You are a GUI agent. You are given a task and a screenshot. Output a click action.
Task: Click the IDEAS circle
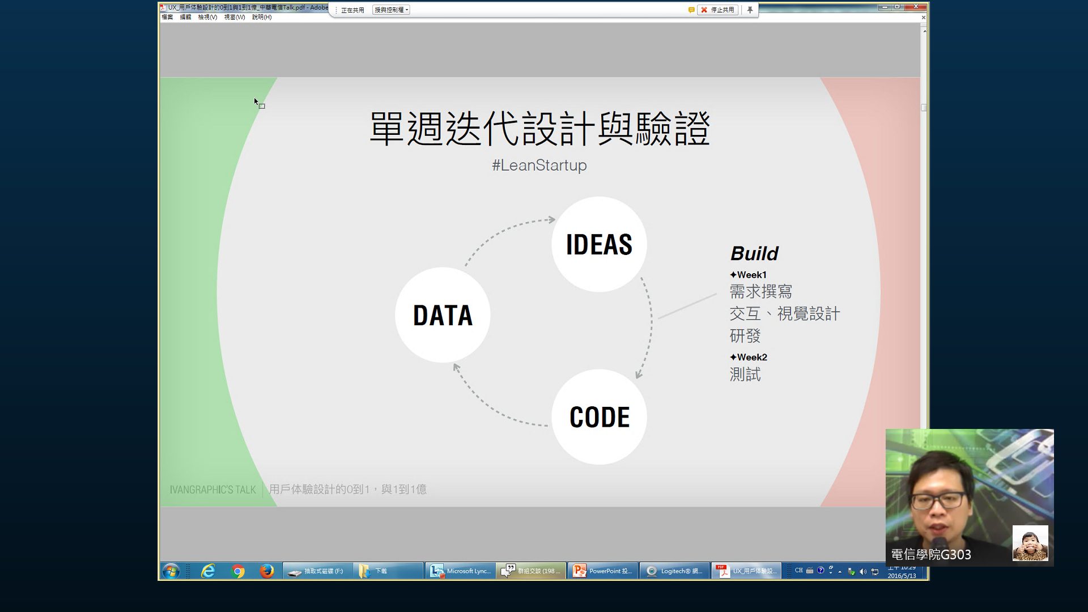click(x=599, y=244)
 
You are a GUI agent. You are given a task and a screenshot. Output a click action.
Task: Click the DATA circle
click(x=443, y=315)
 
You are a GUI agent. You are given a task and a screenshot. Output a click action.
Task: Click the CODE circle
click(x=599, y=417)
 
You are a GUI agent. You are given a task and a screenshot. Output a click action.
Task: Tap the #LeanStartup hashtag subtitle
click(x=539, y=165)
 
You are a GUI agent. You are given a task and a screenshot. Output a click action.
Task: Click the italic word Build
click(x=754, y=253)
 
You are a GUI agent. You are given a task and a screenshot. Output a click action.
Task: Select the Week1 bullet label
click(x=749, y=275)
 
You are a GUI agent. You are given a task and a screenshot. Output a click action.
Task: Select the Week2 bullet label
click(x=749, y=357)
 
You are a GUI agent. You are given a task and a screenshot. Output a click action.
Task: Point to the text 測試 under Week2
click(x=745, y=375)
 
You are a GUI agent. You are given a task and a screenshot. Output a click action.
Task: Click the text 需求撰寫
click(x=760, y=292)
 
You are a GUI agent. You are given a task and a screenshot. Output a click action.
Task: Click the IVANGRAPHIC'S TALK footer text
click(x=212, y=490)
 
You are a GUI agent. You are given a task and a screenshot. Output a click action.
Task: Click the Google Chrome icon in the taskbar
click(x=238, y=571)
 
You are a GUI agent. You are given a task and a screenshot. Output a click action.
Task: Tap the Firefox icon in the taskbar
click(x=266, y=571)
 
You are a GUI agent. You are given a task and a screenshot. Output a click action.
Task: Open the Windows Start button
click(x=171, y=571)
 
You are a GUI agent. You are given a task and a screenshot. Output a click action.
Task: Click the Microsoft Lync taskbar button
click(x=460, y=571)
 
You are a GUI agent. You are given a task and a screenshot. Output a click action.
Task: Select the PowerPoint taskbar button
click(x=602, y=571)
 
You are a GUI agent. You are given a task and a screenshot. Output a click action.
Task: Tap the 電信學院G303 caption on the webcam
click(x=930, y=554)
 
